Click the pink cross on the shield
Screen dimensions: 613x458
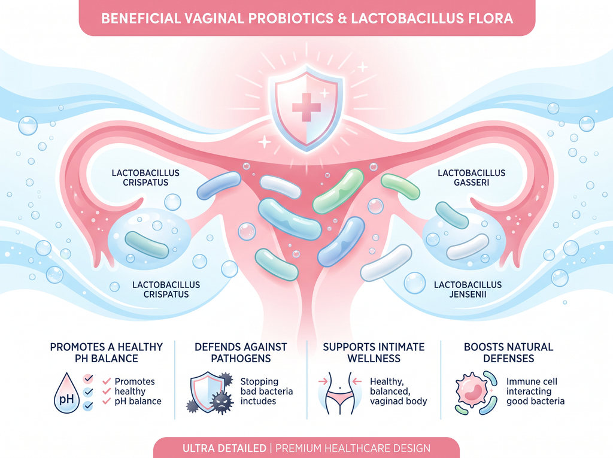(x=306, y=107)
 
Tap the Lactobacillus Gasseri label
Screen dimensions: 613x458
(x=472, y=178)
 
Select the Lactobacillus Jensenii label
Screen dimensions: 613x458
(x=468, y=289)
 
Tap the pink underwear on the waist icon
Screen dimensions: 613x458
(x=339, y=400)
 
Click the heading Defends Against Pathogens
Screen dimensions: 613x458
(x=241, y=353)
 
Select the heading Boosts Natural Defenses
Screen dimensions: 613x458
(x=508, y=353)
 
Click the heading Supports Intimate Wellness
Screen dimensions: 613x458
(x=374, y=353)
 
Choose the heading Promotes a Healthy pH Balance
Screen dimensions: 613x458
(x=107, y=353)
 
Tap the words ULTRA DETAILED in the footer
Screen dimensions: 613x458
(x=224, y=448)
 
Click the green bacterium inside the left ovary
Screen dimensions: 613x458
(x=147, y=245)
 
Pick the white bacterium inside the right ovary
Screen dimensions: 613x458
(x=468, y=247)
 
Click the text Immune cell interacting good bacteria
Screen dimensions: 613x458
(x=535, y=391)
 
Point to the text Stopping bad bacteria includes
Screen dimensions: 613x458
(x=266, y=391)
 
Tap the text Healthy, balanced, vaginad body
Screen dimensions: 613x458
(x=398, y=391)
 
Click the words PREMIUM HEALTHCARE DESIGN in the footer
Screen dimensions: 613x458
(x=353, y=448)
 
